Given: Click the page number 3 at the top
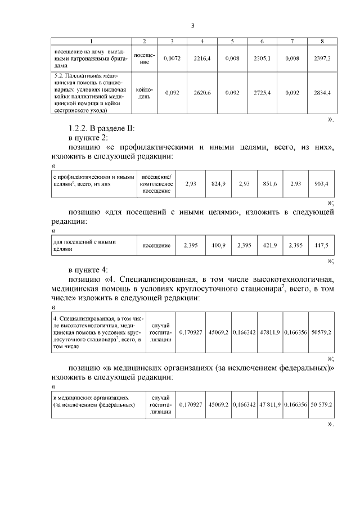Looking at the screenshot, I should click(192, 25).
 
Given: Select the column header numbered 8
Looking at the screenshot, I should click(321, 42).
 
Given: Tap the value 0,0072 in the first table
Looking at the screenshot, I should click(172, 58).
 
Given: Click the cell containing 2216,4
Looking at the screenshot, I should click(202, 58).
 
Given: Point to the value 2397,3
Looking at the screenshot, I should click(321, 58).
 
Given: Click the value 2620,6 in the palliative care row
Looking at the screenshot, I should click(202, 92).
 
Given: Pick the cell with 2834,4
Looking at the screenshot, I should click(321, 92).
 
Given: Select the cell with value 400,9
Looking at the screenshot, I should click(218, 245).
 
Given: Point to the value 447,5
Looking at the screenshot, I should click(321, 245).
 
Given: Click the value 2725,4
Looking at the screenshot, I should click(262, 92).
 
